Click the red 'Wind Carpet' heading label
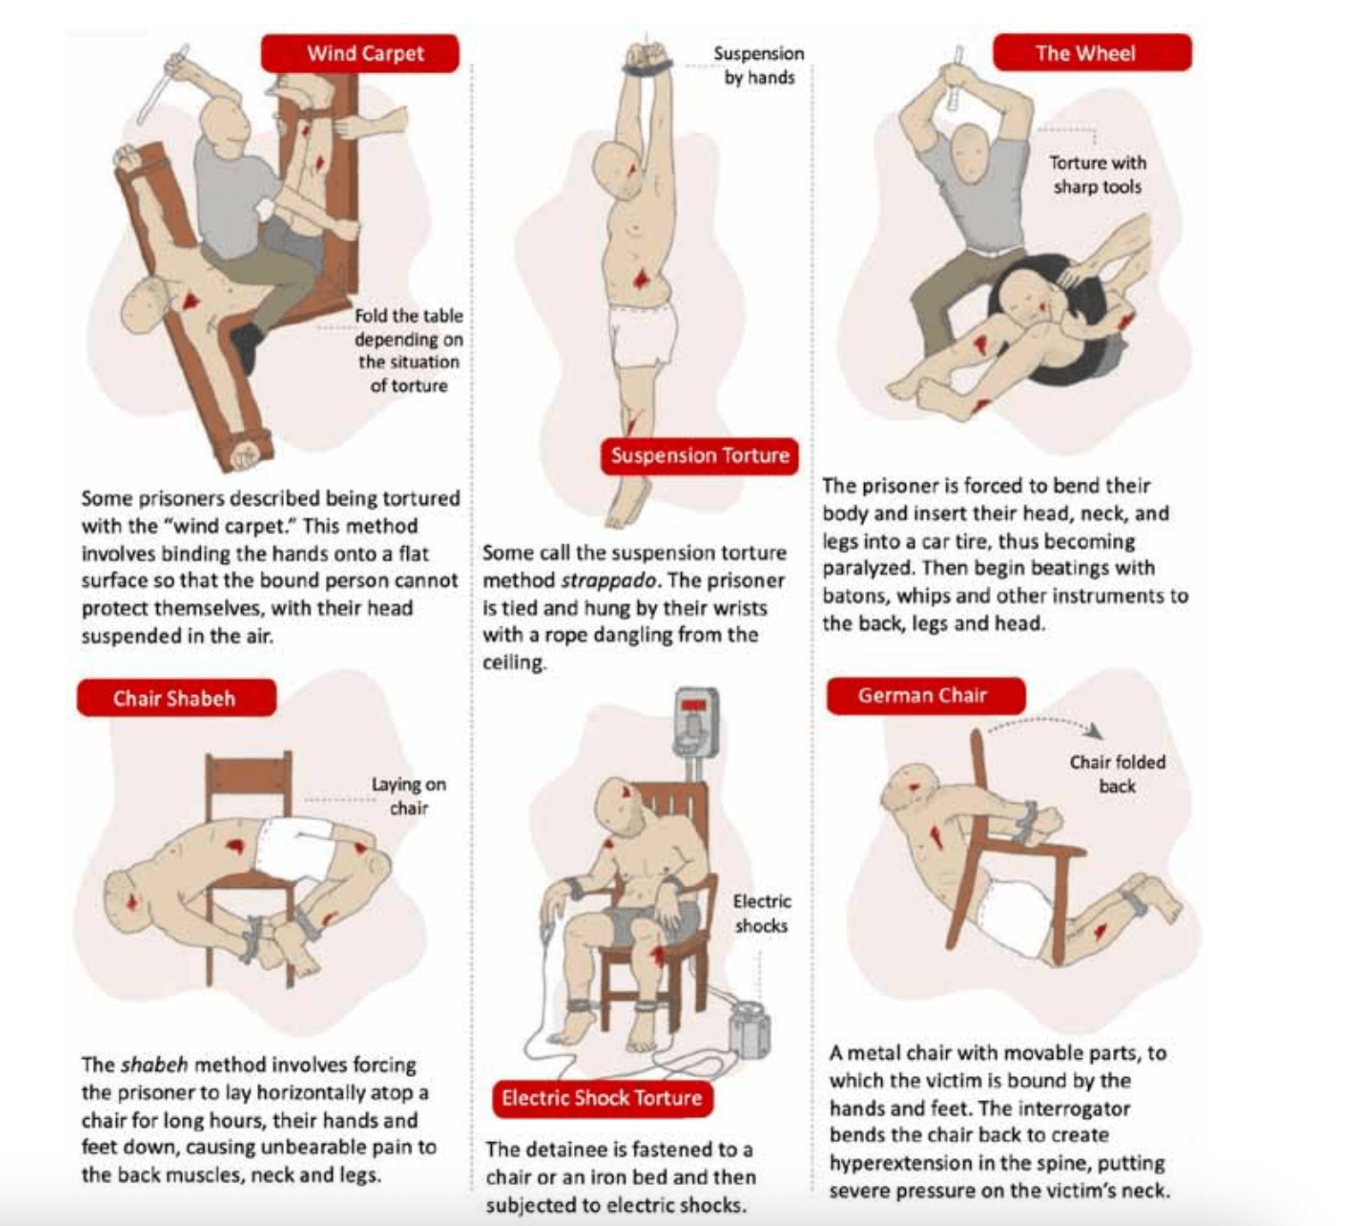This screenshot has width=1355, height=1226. coord(360,54)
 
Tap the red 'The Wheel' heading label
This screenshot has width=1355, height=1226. coord(1093,53)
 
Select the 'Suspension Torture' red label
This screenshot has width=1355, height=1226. coord(700,456)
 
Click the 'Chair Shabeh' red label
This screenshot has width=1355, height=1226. coord(177,698)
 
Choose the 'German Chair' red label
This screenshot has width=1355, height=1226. coord(926,696)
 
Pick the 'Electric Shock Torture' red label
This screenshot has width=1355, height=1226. coord(603,1098)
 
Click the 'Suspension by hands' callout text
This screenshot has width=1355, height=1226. coord(760,65)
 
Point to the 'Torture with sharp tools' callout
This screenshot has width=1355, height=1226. coord(1098,174)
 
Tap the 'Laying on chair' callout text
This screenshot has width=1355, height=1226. coord(409,796)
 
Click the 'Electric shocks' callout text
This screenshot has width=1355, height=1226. coord(762,913)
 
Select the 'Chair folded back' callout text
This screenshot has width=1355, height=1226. coord(1118,775)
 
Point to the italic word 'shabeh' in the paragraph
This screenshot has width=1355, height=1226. coord(154,1065)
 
